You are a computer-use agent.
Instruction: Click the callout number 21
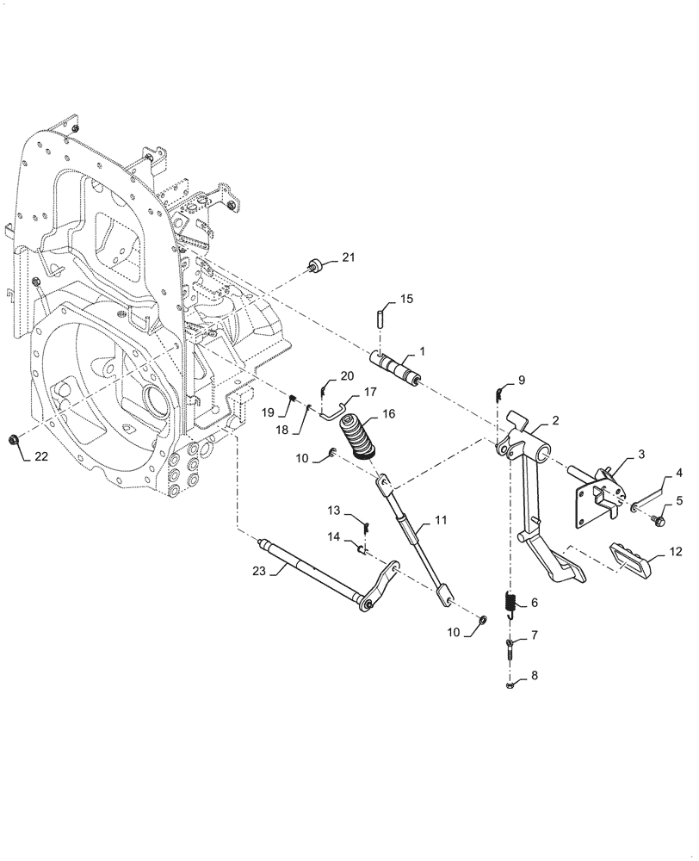347,257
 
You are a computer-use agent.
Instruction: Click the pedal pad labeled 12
633,556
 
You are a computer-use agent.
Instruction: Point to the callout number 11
441,520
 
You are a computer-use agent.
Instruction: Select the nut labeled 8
510,685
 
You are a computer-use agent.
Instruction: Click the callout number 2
555,421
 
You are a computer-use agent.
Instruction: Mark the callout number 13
334,512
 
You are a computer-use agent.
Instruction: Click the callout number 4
678,472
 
